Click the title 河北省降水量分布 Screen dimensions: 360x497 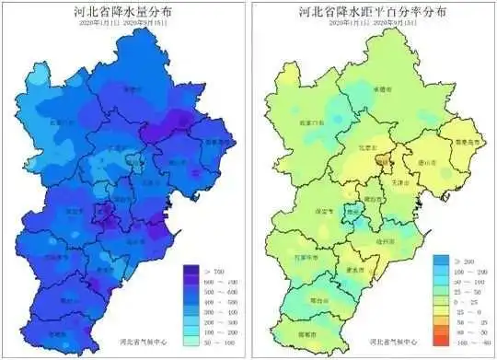pyautogui.click(x=123, y=12)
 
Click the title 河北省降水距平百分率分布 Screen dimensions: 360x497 pyautogui.click(x=374, y=12)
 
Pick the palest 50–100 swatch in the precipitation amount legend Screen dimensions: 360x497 pyautogui.click(x=191, y=341)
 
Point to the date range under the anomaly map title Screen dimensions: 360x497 pyautogui.click(x=373, y=25)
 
